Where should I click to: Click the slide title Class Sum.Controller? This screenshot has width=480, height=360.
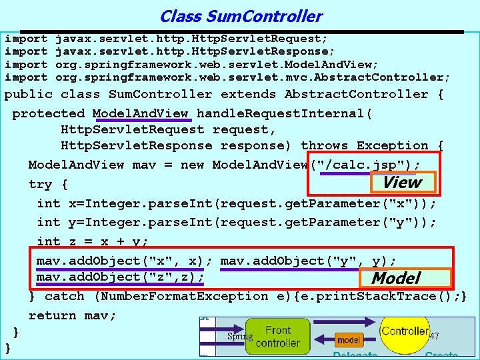(x=241, y=16)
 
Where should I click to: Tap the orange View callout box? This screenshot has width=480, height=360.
(x=401, y=182)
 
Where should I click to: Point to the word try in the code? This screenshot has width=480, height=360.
(x=40, y=184)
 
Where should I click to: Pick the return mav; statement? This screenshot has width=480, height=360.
(x=72, y=315)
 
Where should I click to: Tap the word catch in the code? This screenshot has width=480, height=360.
(x=64, y=296)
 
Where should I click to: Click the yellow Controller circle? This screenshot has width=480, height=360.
(x=405, y=331)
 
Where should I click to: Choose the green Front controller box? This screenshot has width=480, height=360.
(x=278, y=337)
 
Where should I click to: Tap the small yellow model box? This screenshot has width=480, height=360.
(x=349, y=339)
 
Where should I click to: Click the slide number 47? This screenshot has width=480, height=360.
(x=435, y=336)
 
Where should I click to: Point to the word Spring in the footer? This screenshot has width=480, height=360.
(x=240, y=337)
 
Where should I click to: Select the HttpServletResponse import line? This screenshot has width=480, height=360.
(x=170, y=51)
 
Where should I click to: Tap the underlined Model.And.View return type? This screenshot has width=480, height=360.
(x=140, y=113)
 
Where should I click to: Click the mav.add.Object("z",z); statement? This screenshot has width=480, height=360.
(x=120, y=277)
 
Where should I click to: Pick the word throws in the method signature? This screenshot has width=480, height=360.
(x=325, y=145)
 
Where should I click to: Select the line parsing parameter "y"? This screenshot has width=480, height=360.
(x=237, y=222)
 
